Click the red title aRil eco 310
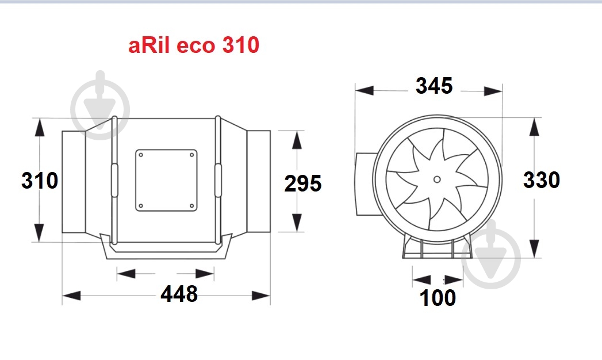tap(194, 45)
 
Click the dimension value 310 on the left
tap(40, 181)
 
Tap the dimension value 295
tap(303, 183)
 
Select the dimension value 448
tap(179, 294)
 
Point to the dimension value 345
tap(434, 86)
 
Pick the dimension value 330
tap(541, 180)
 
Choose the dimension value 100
tap(438, 298)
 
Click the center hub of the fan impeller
tap(437, 179)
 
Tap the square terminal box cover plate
tap(166, 180)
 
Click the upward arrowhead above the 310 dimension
tap(40, 127)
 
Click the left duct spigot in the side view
tap(74, 182)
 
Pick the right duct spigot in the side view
tap(259, 182)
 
